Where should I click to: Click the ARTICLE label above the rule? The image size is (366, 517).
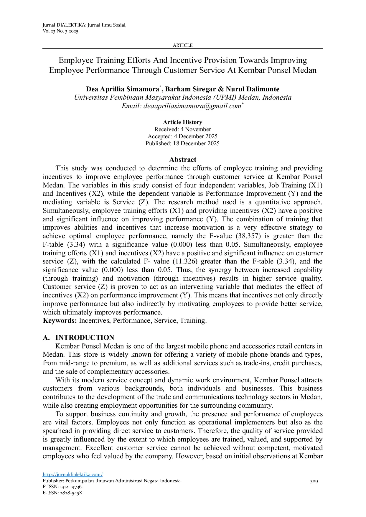[182, 45]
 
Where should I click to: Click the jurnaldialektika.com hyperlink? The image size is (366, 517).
[72, 474]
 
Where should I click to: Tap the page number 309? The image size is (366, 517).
[314, 481]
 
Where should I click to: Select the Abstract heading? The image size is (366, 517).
[183, 159]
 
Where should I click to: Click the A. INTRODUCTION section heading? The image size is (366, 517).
[78, 337]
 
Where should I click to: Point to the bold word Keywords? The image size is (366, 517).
[60, 321]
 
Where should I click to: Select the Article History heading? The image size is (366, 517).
[182, 122]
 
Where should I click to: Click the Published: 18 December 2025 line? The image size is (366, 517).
[182, 143]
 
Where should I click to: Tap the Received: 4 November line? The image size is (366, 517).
[182, 129]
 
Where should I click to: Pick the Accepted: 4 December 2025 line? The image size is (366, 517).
[182, 136]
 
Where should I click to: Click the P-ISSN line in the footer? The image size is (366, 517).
[62, 487]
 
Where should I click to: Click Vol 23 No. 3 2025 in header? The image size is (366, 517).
[60, 31]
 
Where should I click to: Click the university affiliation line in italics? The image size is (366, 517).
[183, 98]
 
